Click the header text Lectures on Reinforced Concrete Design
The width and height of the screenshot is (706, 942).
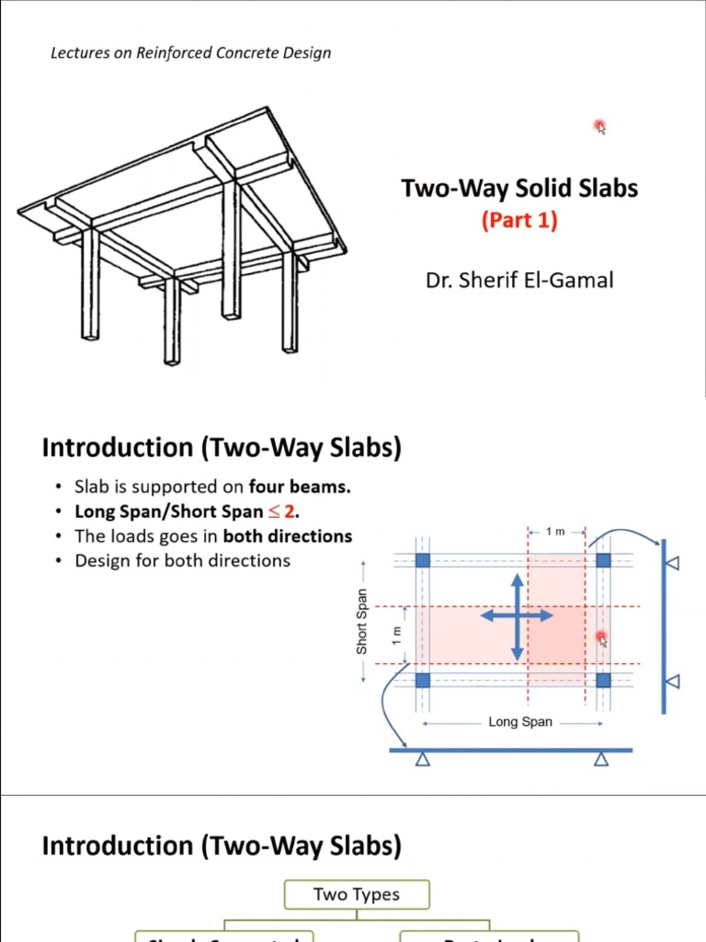point(190,52)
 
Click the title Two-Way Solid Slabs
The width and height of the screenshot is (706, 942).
point(519,189)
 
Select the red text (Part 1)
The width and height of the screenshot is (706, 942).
point(519,221)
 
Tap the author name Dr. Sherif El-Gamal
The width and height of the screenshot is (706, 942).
point(519,280)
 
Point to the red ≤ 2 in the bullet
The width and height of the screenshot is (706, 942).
point(283,511)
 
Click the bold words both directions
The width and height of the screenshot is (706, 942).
point(288,536)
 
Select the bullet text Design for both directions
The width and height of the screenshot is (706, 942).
point(182,560)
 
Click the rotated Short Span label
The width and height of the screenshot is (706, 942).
point(362,622)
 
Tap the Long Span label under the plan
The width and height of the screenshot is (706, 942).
point(520,722)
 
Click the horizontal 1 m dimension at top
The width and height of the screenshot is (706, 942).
point(556,532)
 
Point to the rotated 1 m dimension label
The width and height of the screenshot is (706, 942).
point(397,635)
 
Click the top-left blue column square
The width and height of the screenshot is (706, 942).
point(423,560)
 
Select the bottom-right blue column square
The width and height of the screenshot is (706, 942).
point(603,681)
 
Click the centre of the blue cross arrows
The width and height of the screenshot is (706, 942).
point(517,616)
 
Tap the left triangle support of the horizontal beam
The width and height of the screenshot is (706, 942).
point(423,760)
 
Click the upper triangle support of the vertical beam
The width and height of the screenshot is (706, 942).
point(672,561)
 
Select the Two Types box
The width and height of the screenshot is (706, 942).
point(357,894)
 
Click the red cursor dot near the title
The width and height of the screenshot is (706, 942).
point(599,125)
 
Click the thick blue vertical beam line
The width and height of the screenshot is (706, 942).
point(664,626)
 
